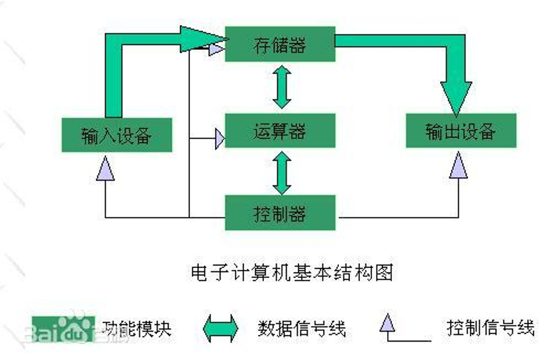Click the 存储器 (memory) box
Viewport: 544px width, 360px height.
pyautogui.click(x=279, y=44)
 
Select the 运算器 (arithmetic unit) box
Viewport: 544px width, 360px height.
pyautogui.click(x=279, y=130)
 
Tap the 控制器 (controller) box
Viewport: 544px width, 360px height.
pyautogui.click(x=279, y=213)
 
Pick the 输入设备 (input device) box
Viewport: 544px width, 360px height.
pyautogui.click(x=116, y=135)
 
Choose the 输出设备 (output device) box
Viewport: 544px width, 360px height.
pyautogui.click(x=461, y=130)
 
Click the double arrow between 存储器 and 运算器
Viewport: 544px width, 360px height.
pyautogui.click(x=282, y=87)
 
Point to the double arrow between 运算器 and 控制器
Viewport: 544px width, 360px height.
pyautogui.click(x=282, y=171)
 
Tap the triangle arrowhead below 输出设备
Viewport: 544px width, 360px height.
pyautogui.click(x=458, y=165)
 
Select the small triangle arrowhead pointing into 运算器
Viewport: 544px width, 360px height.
pyautogui.click(x=219, y=138)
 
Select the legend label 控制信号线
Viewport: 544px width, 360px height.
pyautogui.click(x=490, y=328)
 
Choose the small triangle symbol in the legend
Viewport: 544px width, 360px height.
pyautogui.click(x=387, y=323)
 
